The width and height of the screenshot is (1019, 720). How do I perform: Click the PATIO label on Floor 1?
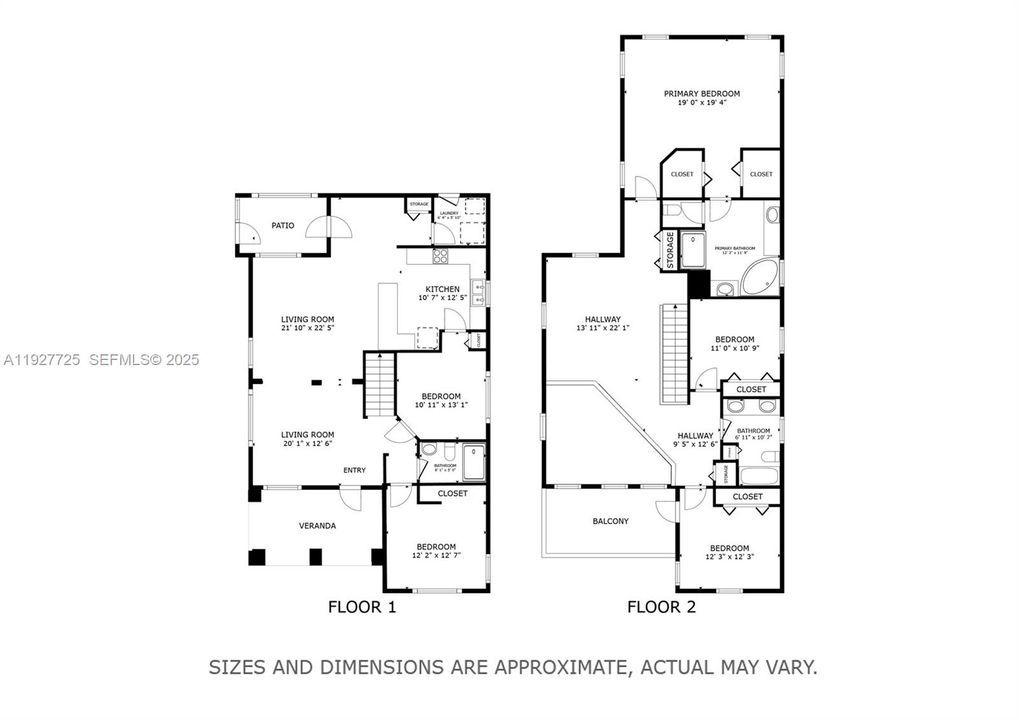coord(283,226)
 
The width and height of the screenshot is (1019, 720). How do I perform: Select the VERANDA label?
coord(317,526)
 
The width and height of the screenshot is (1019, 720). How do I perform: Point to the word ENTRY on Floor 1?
coord(354,470)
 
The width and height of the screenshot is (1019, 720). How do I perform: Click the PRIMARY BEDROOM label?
coord(701,93)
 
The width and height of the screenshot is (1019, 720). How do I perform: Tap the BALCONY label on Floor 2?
coord(610,521)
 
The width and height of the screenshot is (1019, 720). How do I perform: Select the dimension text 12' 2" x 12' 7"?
coord(436,556)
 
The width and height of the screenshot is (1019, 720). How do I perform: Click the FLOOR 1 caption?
coord(362,606)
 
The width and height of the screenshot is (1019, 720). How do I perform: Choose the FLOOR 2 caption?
coord(661,606)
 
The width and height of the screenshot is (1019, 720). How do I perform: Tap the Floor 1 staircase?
coord(379,385)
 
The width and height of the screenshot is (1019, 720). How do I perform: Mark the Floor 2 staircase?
coord(674,354)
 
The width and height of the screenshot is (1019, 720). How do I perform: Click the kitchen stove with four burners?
coord(440,256)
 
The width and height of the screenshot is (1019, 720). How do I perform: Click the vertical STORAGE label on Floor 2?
coord(666,251)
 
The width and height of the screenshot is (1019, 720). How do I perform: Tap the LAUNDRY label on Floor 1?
coord(448,212)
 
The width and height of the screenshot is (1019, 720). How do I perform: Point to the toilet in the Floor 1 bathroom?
coord(429,450)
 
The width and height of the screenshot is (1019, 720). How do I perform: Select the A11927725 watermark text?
coord(42,359)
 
